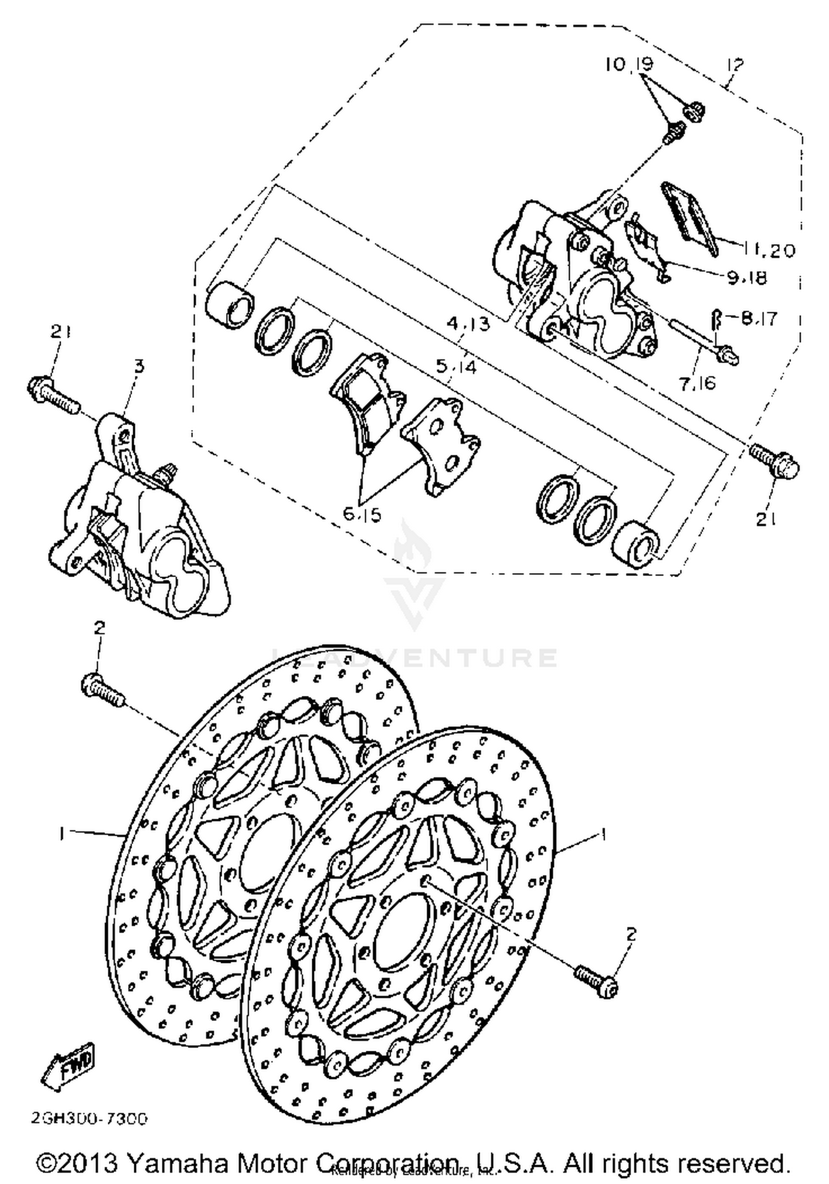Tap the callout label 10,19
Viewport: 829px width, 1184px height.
tap(629, 65)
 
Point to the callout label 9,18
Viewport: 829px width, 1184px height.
tap(747, 278)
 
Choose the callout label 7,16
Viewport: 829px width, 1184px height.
tap(697, 383)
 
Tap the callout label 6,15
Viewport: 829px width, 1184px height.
tap(362, 515)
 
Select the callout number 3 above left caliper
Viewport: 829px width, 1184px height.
tap(139, 366)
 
